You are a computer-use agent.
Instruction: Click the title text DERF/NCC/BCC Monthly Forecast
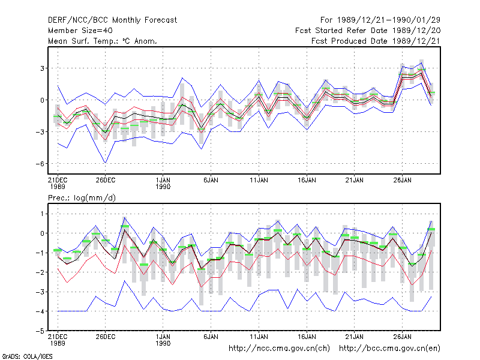112,20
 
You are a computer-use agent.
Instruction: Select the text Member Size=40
80,31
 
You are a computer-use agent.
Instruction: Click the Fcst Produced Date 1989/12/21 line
376,41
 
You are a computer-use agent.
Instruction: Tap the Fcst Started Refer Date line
368,31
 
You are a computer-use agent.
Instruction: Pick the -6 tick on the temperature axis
40,164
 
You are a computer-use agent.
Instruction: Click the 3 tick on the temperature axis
42,68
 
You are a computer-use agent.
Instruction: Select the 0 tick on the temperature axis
42,100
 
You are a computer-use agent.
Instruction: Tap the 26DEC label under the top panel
106,181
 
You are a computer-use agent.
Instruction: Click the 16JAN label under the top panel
307,181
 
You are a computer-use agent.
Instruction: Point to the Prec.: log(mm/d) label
82,198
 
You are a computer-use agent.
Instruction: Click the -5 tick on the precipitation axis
40,331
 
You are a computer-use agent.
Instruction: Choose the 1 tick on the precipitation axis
42,214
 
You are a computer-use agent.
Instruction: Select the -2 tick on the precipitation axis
40,272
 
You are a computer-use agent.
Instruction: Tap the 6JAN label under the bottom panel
211,337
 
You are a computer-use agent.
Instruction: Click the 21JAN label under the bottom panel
355,337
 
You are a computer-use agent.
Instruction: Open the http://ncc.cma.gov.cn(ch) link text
279,349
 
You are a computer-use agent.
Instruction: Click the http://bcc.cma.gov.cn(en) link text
389,349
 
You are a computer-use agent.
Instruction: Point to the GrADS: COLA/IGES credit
27,356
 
